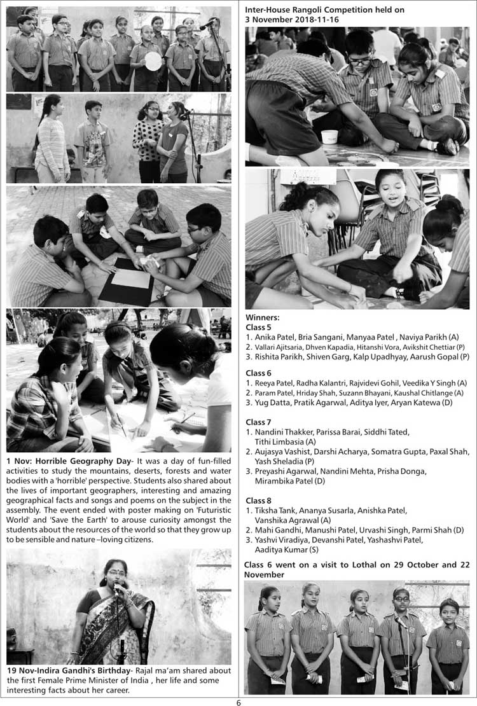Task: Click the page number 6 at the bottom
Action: tap(238, 702)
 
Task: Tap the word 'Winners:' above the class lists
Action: tap(262, 317)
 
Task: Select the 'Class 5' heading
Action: tap(258, 327)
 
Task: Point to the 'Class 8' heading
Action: tap(258, 501)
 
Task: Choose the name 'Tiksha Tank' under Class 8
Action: tap(275, 511)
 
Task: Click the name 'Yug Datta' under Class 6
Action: tap(273, 403)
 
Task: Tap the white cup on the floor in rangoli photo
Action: tap(329, 136)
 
